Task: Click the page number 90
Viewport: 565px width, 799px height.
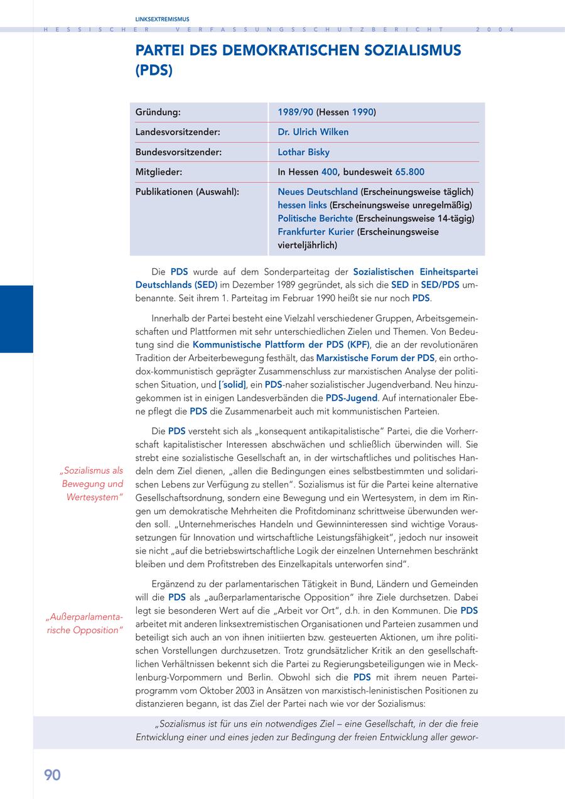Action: click(52, 775)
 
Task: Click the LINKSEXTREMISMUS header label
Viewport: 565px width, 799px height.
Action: click(162, 19)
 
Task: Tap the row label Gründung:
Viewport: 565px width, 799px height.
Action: click(158, 112)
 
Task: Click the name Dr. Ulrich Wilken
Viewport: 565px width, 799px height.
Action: click(313, 132)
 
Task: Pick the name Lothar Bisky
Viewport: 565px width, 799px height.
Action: click(303, 152)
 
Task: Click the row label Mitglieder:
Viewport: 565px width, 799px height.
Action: click(159, 171)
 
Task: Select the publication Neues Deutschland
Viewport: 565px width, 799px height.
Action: click(318, 192)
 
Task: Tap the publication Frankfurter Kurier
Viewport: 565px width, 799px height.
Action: click(316, 232)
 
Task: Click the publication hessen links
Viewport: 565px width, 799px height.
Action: click(302, 205)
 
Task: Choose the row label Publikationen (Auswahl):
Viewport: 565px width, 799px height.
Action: click(187, 192)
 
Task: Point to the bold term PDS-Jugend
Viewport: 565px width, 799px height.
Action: click(352, 398)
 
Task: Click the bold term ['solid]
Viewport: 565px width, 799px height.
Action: click(232, 385)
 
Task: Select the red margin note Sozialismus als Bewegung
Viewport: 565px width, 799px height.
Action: click(91, 484)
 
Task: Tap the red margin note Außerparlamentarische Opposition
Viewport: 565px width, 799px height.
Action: click(84, 623)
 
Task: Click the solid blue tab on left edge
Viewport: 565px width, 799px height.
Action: click(16, 319)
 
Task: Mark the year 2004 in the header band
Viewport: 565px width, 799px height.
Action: click(495, 30)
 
